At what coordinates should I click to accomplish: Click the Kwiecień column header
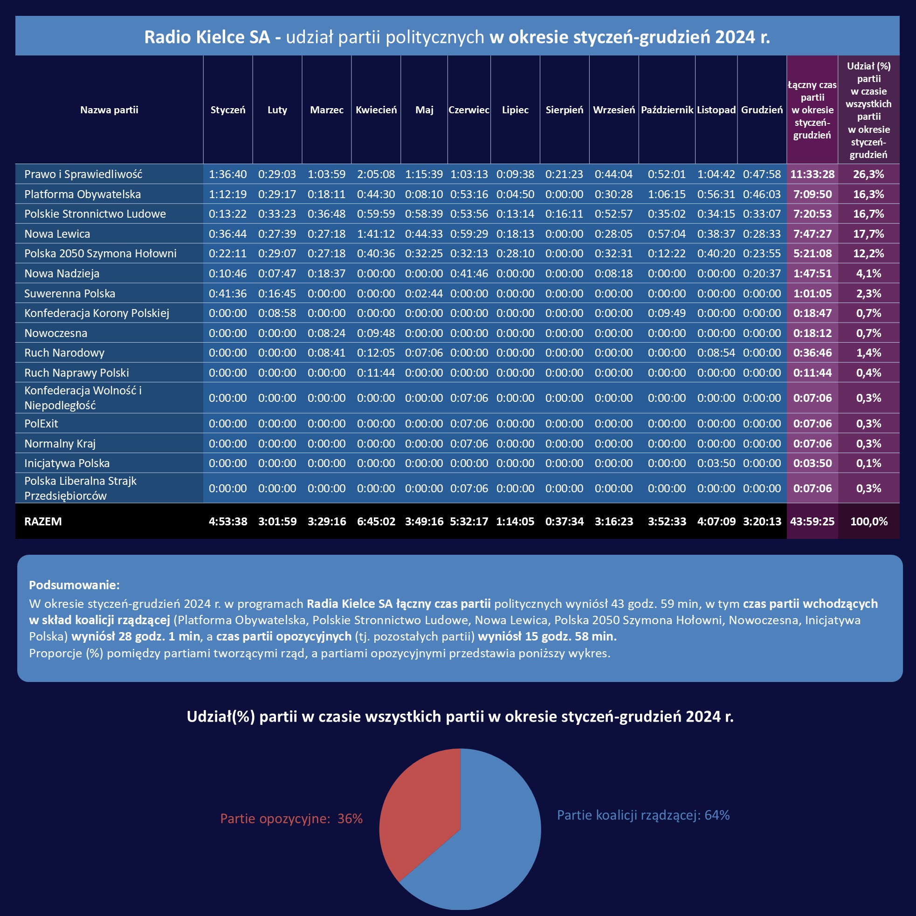point(376,110)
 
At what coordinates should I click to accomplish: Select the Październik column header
point(667,110)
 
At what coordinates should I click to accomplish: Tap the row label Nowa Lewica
point(57,234)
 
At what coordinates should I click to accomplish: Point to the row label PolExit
point(41,423)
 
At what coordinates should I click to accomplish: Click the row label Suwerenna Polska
point(70,294)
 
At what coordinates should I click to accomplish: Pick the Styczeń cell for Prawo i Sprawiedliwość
point(227,174)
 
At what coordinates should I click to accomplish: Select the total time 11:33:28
point(812,174)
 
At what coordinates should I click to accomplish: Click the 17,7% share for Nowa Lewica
point(868,234)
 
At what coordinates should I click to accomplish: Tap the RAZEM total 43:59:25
point(812,521)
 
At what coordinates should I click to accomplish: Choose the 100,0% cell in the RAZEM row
point(868,521)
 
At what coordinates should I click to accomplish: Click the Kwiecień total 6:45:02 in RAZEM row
point(376,521)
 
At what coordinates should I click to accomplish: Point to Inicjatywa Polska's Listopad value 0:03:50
point(716,463)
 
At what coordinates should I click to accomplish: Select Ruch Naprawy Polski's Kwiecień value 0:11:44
point(376,372)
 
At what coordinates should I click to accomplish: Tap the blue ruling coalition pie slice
point(493,844)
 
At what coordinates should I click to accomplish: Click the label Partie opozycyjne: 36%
point(291,819)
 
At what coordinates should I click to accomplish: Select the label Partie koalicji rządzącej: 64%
point(643,815)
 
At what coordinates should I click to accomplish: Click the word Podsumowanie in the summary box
point(74,585)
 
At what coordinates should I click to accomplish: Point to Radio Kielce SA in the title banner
point(207,37)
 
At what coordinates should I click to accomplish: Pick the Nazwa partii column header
point(109,110)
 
